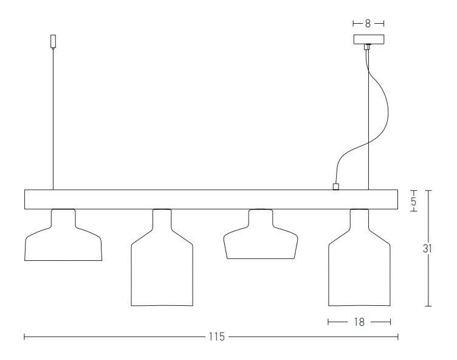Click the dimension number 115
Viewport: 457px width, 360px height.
coord(217,337)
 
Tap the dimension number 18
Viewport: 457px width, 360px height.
coord(359,322)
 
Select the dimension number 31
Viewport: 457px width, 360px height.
coord(427,249)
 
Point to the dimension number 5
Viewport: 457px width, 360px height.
coord(414,201)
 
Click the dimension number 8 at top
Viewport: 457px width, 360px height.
coord(368,24)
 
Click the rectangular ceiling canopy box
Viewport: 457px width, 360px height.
coord(369,40)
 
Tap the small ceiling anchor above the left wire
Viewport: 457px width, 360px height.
coord(53,41)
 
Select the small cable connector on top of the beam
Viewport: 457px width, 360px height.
coord(335,187)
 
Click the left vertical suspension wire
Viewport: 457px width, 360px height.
coord(53,119)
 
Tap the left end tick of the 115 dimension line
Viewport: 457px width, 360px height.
coord(24,337)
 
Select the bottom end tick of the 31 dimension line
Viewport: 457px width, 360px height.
coord(428,306)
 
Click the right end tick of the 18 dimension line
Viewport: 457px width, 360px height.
coord(390,322)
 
